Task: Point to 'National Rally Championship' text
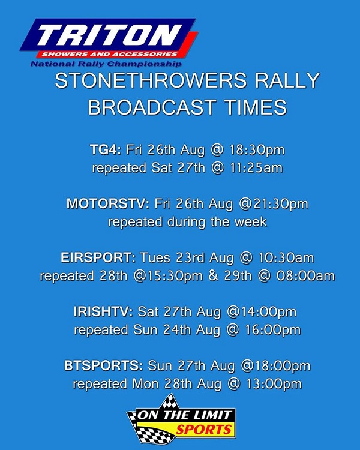106,64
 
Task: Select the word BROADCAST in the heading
152,107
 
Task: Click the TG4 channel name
106,150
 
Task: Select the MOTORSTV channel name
108,204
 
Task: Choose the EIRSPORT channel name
98,258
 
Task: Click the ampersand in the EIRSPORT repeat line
213,276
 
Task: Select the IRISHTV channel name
103,311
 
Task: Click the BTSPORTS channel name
103,366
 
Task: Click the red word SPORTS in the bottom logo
203,430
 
